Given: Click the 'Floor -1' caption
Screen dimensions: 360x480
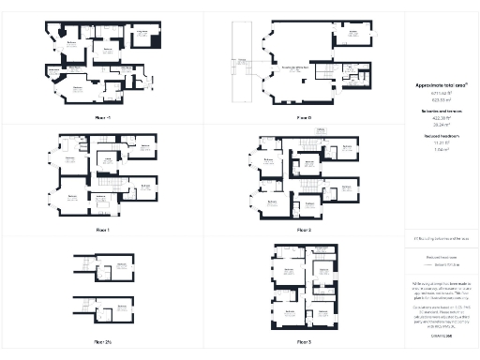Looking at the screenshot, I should [x=102, y=118].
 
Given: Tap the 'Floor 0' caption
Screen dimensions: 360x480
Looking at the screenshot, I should [x=303, y=118].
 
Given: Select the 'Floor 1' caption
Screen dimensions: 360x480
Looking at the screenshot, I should [x=102, y=230].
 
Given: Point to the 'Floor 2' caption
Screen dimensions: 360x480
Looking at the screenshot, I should [x=303, y=230].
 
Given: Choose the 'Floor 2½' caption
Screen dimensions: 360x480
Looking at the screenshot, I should [x=102, y=341].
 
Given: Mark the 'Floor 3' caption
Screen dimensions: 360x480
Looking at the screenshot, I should [x=303, y=341].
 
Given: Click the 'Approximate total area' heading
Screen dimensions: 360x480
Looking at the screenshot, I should [x=441, y=85].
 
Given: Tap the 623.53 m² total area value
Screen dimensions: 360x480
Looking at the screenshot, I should [x=441, y=98].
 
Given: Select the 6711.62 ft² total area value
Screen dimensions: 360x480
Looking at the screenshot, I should [x=441, y=92].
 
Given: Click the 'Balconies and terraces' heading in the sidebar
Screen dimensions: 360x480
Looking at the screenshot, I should [x=441, y=111].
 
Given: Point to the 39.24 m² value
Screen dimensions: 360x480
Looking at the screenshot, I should [x=441, y=123].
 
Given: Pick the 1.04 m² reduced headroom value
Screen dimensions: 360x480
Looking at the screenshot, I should [x=441, y=148].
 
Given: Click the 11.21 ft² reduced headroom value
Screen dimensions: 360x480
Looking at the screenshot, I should [x=441, y=142].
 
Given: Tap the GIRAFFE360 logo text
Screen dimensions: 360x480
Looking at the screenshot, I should [x=441, y=334].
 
